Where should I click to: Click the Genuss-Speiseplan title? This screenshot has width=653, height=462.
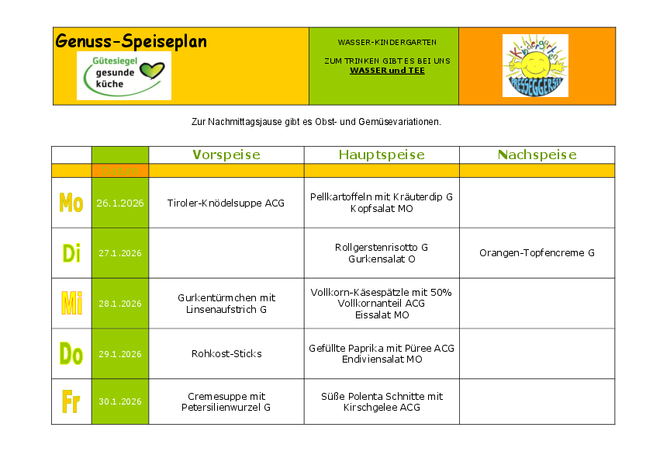pos(131,42)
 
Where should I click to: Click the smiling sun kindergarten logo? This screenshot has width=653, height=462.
pos(535,66)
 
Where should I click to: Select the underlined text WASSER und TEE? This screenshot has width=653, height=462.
pos(387,71)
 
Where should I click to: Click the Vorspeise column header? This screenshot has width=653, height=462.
pos(226,155)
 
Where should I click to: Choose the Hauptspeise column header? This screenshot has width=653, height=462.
pos(382,155)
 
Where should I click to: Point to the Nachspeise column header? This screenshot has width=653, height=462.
pos(537,155)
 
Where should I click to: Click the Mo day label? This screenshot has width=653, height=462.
pos(71,203)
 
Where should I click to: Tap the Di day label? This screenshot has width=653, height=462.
pos(71,253)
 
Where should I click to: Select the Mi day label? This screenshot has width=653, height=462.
pos(71,304)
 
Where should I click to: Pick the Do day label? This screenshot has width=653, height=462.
pos(71,354)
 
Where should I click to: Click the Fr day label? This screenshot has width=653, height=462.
pos(71,401)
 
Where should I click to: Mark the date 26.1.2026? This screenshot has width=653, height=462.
pos(119,203)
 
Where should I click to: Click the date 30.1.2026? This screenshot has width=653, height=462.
pos(119,401)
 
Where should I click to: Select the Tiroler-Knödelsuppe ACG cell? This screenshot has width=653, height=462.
pos(226,203)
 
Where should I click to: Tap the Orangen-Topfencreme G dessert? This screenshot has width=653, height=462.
pos(537,253)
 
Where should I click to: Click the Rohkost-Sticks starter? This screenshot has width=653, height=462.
pos(226,354)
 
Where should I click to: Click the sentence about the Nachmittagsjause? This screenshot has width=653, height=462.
pos(316,122)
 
